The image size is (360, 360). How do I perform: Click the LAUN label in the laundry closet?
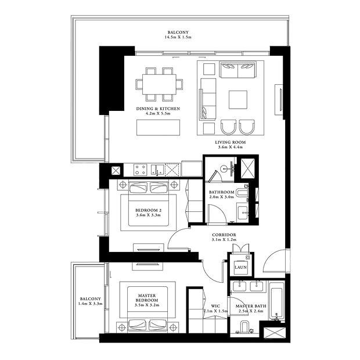(240, 267)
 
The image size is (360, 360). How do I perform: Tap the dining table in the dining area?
(159, 84)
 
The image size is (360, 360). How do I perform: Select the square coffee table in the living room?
(238, 100)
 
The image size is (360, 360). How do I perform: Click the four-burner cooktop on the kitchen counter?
(141, 170)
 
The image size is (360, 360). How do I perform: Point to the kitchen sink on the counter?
(157, 170)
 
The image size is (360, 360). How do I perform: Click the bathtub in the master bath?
(277, 301)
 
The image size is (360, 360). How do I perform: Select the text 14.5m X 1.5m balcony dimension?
(178, 37)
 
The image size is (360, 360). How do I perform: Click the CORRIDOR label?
(224, 235)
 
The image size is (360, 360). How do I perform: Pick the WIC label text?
(215, 306)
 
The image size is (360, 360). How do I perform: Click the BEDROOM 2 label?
(148, 210)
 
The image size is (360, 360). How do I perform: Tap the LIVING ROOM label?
(231, 142)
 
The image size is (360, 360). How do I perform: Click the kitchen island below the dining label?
(158, 127)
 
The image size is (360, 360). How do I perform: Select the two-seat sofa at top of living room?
(238, 69)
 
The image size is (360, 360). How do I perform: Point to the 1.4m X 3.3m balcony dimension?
(90, 304)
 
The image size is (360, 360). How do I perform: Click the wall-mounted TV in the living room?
(280, 100)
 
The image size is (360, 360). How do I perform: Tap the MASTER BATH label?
(251, 306)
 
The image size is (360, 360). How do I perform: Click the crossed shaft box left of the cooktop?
(116, 171)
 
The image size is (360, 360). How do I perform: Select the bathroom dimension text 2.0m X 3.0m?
(222, 197)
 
